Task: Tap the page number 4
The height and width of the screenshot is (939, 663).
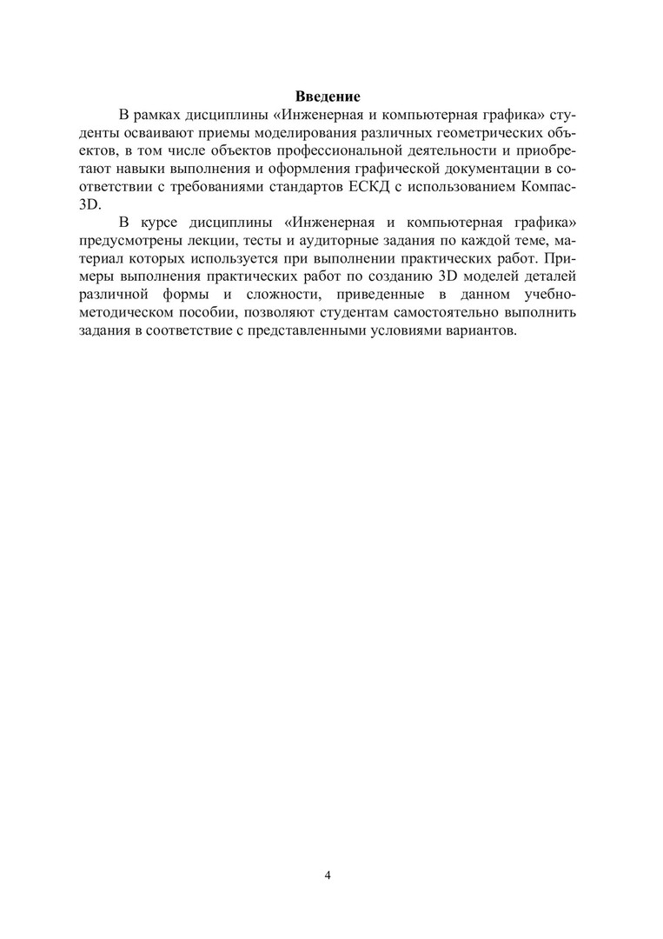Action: click(327, 875)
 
